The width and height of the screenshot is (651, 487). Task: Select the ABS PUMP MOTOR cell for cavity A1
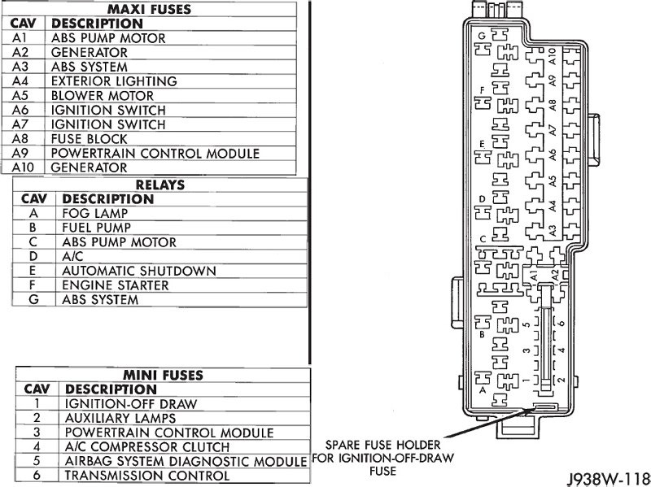pyautogui.click(x=108, y=37)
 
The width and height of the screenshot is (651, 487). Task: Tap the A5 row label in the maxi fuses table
pyautogui.click(x=21, y=95)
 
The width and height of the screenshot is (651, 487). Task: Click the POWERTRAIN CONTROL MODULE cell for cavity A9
pyautogui.click(x=155, y=153)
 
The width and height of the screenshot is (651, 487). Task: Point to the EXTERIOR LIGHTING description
pyautogui.click(x=113, y=81)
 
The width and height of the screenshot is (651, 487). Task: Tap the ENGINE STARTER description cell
pyautogui.click(x=115, y=285)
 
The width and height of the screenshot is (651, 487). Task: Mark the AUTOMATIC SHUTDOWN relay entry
pyautogui.click(x=138, y=271)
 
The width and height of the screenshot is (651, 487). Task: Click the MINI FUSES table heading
pyautogui.click(x=163, y=375)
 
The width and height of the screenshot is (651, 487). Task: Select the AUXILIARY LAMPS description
pyautogui.click(x=122, y=418)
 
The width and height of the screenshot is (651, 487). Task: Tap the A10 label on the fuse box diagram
pyautogui.click(x=553, y=56)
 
